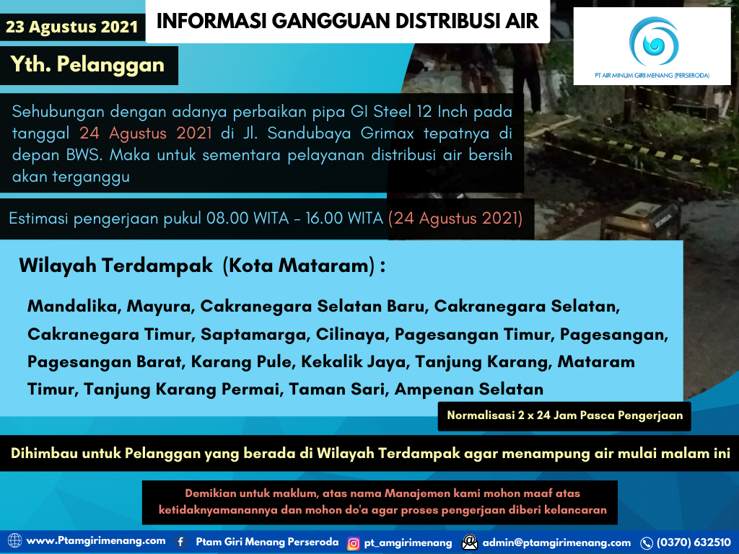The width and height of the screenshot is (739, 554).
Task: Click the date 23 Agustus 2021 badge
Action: coord(71,27)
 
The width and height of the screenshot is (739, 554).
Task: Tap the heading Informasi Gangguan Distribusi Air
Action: coord(348,21)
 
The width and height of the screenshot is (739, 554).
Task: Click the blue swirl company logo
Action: coord(652,43)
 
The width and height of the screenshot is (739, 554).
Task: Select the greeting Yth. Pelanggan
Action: coord(87,65)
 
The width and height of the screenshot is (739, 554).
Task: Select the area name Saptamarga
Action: coord(255,334)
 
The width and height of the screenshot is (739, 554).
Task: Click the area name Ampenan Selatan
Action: coord(468,390)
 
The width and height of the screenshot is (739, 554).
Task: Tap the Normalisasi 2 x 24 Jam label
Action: coord(564,415)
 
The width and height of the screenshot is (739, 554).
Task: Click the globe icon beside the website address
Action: coord(14,541)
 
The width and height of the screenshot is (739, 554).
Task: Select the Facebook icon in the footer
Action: coord(181,542)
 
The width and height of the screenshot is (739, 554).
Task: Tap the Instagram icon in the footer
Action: coord(354,542)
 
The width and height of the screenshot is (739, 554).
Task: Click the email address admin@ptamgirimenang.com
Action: coord(556,542)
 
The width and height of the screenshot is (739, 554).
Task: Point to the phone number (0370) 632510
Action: coord(693,542)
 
